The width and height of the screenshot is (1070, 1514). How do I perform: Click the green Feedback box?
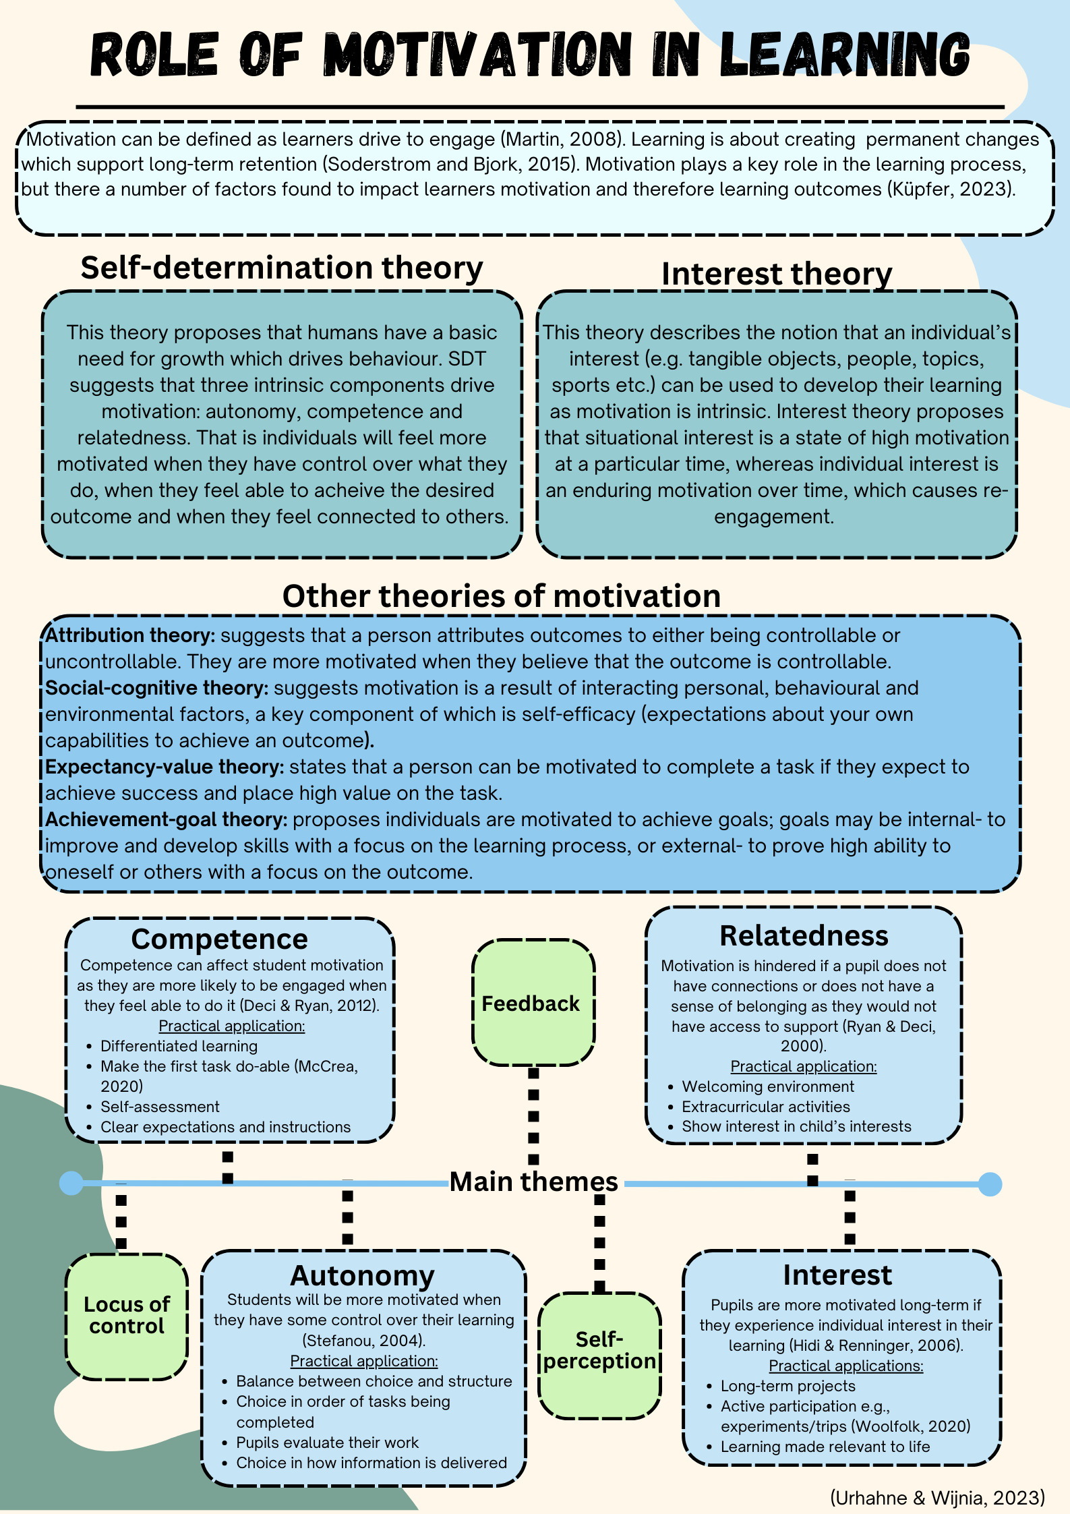pos(533,1003)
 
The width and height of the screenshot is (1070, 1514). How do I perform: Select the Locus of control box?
pos(127,1316)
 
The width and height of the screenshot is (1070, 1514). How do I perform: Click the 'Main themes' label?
pos(533,1182)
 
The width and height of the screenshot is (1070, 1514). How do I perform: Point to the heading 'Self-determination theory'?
pos(282,268)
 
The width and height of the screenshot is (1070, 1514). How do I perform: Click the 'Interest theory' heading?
pos(777,274)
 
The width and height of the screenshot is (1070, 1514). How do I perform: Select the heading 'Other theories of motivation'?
pos(502,596)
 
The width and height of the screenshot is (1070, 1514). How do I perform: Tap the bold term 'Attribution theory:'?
pos(130,635)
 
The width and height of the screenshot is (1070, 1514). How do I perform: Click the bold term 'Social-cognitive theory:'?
pos(157,688)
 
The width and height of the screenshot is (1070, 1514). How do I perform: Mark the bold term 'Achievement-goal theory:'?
pos(167,819)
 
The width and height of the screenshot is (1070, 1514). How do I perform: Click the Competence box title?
pos(219,939)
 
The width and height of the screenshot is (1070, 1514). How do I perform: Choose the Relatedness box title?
pos(804,935)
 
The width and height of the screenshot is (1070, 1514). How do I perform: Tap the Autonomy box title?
pos(362,1276)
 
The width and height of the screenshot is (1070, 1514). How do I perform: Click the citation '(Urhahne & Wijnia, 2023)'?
pos(938,1497)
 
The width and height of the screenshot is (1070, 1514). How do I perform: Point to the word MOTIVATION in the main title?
pos(477,54)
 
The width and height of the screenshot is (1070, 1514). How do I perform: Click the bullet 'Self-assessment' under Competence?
pos(160,1107)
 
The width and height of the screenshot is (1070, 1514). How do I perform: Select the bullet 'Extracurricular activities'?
pos(766,1107)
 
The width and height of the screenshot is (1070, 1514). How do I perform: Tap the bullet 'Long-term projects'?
pos(787,1386)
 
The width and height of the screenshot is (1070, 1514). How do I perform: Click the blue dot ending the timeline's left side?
pos(71,1183)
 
